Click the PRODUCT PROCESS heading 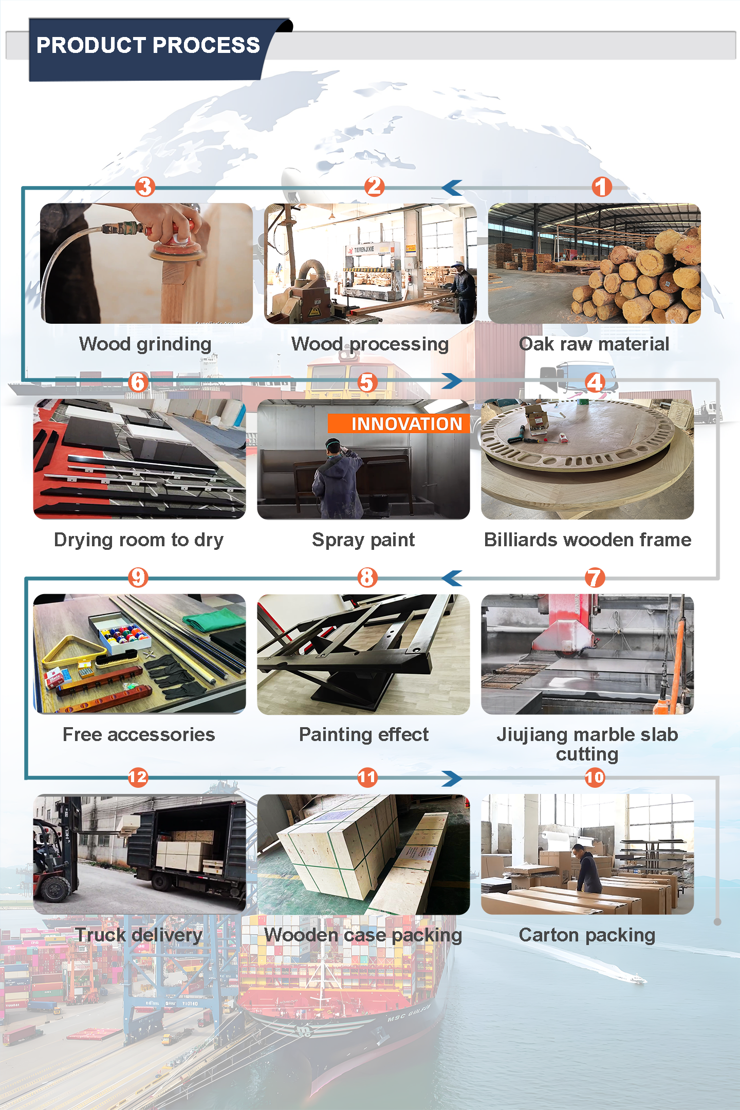(x=148, y=45)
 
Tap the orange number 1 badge (x=602, y=187)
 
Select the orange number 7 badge (x=595, y=578)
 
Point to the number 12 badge (x=138, y=777)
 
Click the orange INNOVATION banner (x=399, y=423)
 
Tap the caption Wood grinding (x=145, y=344)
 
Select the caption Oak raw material (x=594, y=344)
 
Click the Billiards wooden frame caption (x=588, y=540)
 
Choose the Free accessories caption (x=139, y=734)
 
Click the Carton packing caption (x=587, y=935)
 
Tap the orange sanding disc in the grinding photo (x=176, y=250)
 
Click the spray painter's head (x=334, y=446)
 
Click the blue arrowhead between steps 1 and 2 (x=452, y=188)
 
